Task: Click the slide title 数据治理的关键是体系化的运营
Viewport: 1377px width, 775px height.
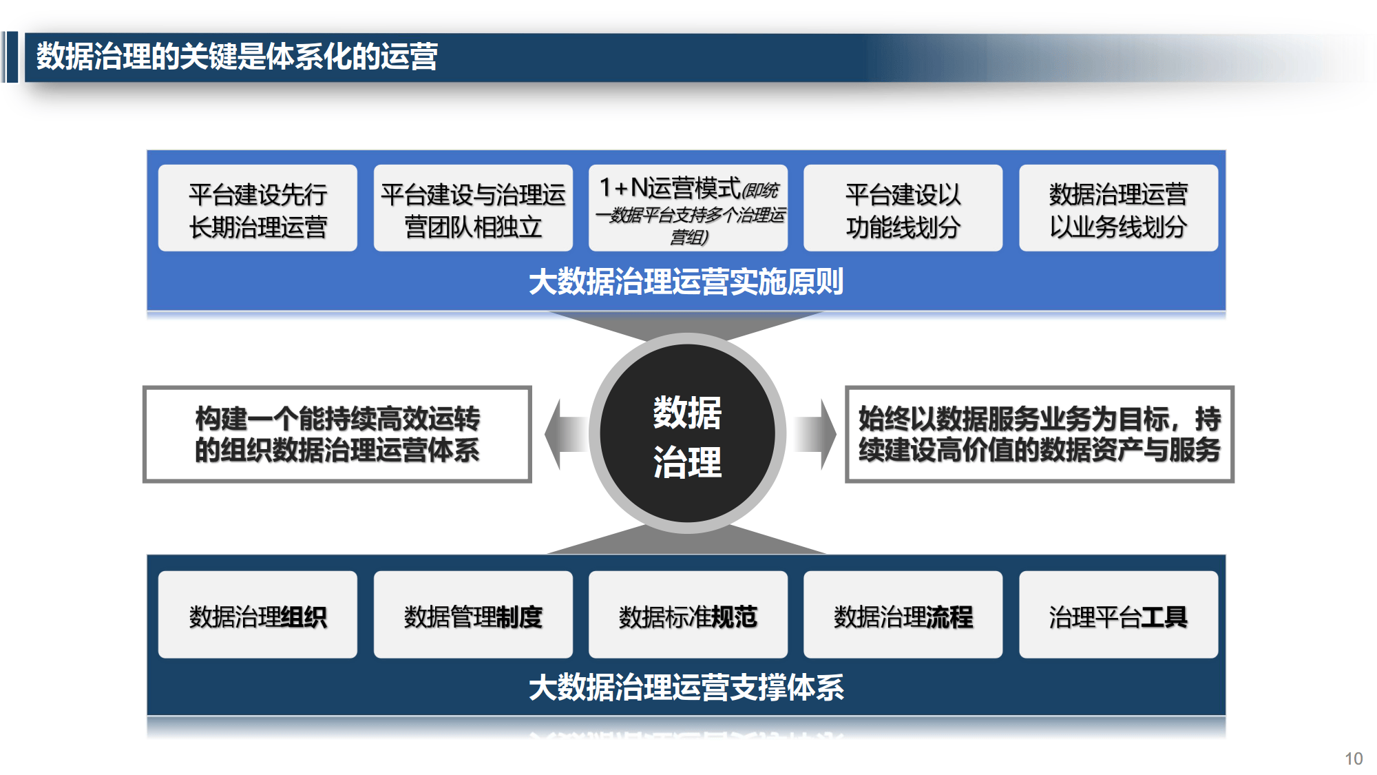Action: pos(237,56)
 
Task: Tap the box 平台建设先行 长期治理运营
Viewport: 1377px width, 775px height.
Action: pos(257,208)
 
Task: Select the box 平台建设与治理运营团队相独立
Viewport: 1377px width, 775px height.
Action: pos(473,208)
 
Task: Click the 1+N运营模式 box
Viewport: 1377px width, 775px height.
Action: pos(688,208)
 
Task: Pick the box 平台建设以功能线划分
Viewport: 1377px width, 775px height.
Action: pos(903,208)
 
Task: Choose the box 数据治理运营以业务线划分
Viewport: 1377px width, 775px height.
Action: pos(1118,208)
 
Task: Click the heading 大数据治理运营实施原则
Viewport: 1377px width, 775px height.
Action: pos(686,282)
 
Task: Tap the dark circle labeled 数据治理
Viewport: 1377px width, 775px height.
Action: pos(688,433)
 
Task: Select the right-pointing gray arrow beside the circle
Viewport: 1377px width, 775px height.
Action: pos(815,434)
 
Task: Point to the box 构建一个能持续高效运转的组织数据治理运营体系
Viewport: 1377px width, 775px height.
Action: pos(337,434)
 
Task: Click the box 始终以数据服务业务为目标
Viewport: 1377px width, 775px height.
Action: pos(1040,434)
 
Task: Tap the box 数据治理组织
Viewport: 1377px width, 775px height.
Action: pos(257,614)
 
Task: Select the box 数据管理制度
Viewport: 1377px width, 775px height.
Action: pos(473,614)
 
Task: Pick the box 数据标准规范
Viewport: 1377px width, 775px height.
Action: pos(688,614)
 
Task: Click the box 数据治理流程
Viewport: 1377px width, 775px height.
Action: pos(903,614)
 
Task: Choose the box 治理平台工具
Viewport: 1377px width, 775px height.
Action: pos(1118,614)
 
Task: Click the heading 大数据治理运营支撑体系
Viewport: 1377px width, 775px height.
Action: pos(686,688)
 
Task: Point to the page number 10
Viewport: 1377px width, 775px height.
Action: pos(1354,758)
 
